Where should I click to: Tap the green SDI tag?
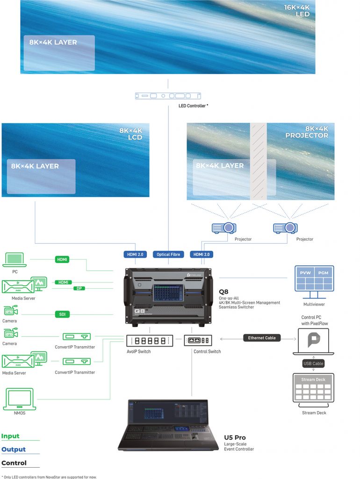tap(62, 314)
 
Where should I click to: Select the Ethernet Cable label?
tap(262, 338)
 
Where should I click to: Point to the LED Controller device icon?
tap(168, 96)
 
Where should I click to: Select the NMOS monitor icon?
tap(19, 399)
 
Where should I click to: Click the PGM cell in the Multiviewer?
tap(323, 272)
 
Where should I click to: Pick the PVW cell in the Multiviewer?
tap(305, 272)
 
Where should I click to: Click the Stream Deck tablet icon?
tap(314, 388)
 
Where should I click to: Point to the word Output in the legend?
tap(14, 450)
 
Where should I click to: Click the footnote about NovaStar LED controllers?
tap(49, 477)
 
